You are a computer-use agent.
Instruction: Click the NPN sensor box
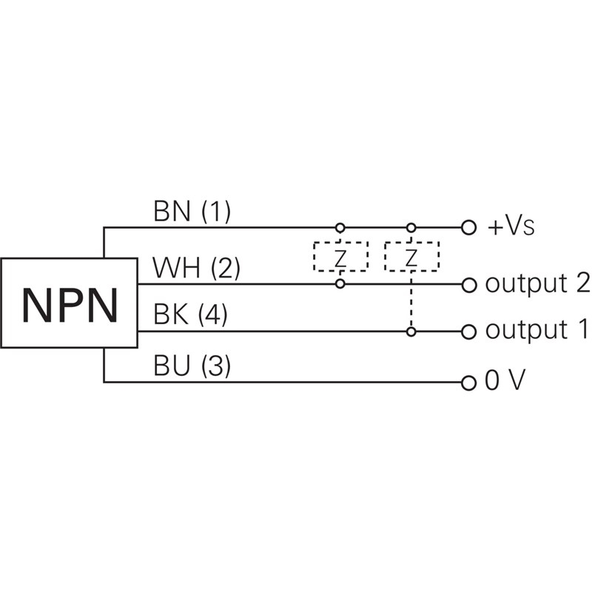click(69, 303)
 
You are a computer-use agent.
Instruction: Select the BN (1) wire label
click(192, 212)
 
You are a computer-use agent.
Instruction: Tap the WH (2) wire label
click(196, 268)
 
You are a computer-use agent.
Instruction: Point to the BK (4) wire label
click(190, 316)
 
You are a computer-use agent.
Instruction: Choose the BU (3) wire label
click(192, 366)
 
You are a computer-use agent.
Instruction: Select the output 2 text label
click(536, 283)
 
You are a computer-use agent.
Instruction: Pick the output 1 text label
click(536, 331)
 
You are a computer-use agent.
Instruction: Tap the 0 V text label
click(505, 383)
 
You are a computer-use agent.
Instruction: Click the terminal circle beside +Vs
click(468, 227)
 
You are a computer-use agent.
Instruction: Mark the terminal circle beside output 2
click(468, 284)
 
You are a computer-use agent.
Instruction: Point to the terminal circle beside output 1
click(468, 332)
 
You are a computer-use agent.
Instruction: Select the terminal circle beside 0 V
click(468, 383)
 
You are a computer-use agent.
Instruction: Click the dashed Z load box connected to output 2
click(340, 256)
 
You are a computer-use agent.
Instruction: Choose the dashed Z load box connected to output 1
click(411, 256)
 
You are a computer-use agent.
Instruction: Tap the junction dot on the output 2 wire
click(340, 284)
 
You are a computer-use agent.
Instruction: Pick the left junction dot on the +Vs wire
click(340, 227)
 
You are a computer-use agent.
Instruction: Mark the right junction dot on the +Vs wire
click(411, 227)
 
